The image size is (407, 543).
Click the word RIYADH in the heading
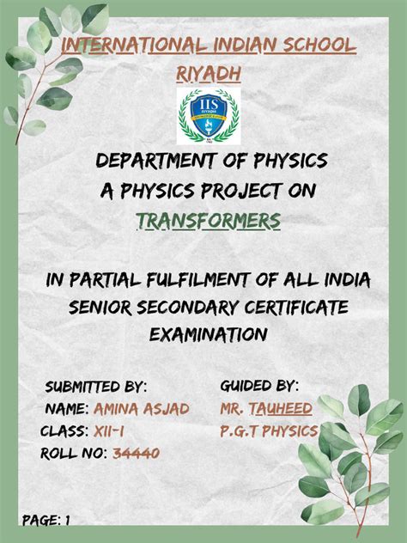(207, 75)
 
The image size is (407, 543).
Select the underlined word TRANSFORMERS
(209, 223)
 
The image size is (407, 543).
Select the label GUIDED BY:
(259, 383)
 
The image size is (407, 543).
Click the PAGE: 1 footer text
(46, 520)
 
